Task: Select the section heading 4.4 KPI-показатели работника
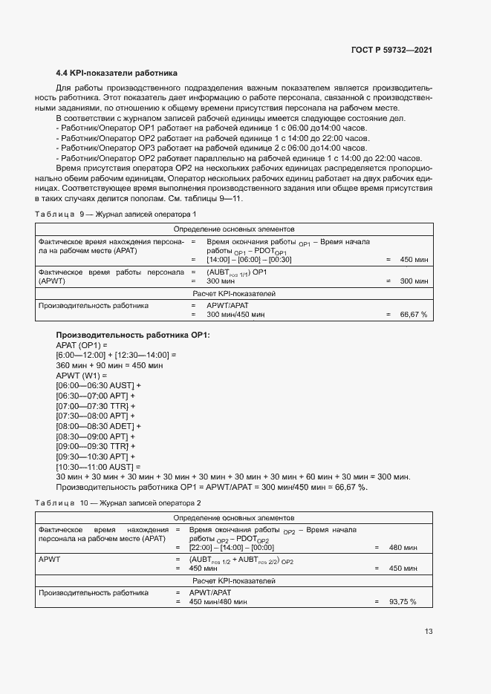pyautogui.click(x=117, y=73)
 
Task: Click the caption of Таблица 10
pyautogui.click(x=117, y=503)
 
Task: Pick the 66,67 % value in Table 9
pyautogui.click(x=414, y=315)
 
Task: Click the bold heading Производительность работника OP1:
pyautogui.click(x=133, y=335)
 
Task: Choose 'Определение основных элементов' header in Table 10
pyautogui.click(x=234, y=517)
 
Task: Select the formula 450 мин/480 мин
pyautogui.click(x=218, y=602)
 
